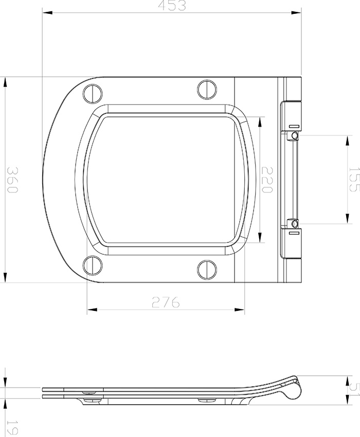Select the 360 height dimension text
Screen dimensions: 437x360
coord(12,180)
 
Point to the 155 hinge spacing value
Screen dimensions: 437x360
coord(353,180)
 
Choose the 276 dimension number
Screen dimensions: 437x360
coord(166,302)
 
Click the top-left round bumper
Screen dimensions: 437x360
coord(93,93)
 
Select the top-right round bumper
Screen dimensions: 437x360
coord(207,89)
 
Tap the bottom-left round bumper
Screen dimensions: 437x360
coord(93,266)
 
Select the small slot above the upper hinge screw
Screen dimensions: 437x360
coord(294,126)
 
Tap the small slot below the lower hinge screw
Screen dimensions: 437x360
coord(294,233)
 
